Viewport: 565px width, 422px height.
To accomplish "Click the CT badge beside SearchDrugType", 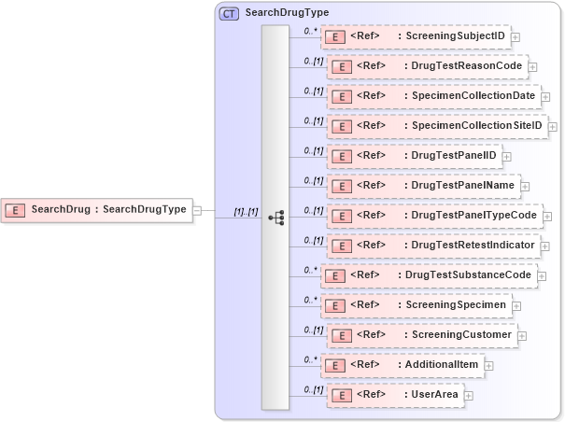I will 228,13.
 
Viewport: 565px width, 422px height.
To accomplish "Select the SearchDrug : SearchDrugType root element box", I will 97,209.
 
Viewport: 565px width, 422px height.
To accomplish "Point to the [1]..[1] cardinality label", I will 246,212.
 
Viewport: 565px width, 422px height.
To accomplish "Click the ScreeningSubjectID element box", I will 416,36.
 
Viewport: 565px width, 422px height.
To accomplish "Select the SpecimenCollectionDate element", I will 433,96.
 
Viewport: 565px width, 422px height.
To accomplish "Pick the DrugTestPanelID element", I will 416,156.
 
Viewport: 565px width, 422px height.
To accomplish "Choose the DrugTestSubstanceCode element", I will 429,275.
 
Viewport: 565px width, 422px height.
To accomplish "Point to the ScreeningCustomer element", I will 421,335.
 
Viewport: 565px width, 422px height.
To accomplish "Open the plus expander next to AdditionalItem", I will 488,366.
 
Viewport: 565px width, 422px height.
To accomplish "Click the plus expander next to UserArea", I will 469,396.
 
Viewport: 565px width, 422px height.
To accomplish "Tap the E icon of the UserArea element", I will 342,396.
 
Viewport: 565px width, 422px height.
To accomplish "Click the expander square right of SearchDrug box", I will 197,210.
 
